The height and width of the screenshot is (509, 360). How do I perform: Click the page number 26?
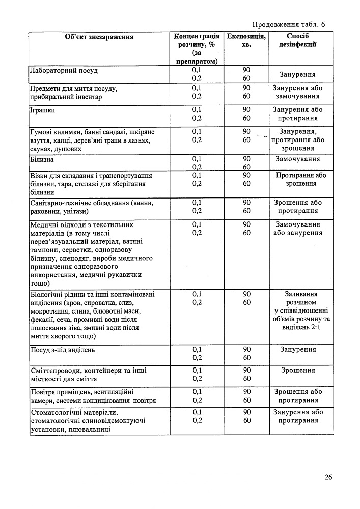pos(328,477)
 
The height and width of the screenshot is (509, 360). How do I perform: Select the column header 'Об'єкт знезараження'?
pos(99,37)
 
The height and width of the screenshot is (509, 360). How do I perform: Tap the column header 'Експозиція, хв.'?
pos(246,41)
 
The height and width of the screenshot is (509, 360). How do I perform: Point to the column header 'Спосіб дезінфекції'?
pos(298,41)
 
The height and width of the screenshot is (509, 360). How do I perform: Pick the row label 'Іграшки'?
pos(43,110)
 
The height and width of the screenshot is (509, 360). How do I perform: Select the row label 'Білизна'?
pos(42,159)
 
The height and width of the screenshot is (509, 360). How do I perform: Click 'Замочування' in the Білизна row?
pos(298,159)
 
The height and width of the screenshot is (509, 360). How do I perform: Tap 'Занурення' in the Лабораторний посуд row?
pos(298,74)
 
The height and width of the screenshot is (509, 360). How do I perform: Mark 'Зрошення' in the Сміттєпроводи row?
pos(298,370)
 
